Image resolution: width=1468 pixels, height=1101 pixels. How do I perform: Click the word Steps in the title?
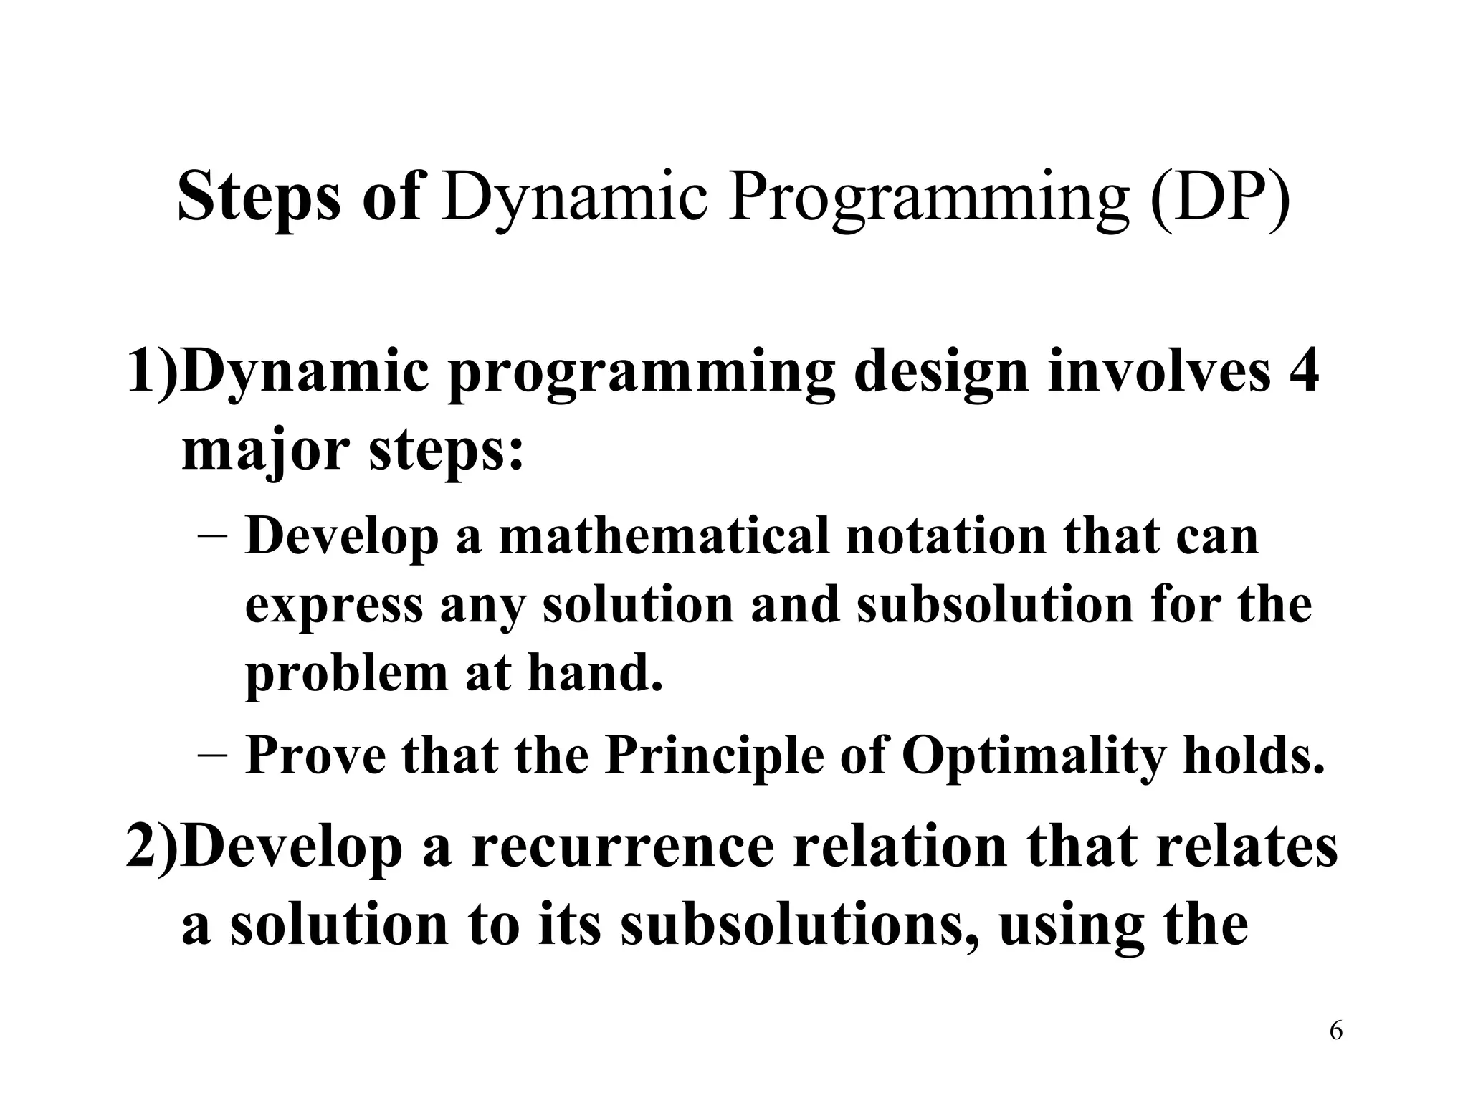click(x=258, y=196)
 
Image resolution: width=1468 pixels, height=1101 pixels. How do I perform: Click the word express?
click(x=334, y=606)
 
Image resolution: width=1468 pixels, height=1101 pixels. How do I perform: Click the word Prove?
click(x=315, y=756)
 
